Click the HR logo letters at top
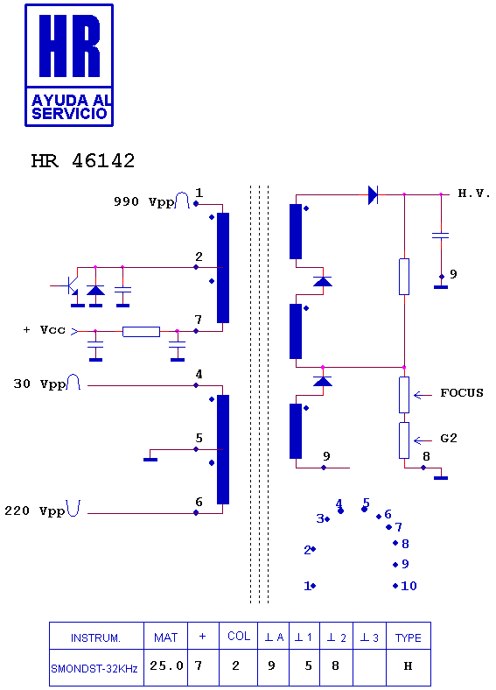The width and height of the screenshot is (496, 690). tap(69, 46)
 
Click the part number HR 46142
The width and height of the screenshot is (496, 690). tap(82, 160)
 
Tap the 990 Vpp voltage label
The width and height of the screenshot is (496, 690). tap(143, 201)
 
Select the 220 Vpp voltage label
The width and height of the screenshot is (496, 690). tap(35, 510)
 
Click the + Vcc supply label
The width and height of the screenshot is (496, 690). tap(44, 329)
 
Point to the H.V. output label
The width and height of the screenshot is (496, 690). tap(474, 194)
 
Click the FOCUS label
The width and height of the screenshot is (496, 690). tap(462, 392)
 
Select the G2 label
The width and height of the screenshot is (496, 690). tap(449, 439)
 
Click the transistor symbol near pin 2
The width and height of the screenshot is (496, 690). tap(70, 286)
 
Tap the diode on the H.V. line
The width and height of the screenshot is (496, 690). tap(373, 194)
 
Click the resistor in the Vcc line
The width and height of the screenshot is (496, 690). tap(141, 332)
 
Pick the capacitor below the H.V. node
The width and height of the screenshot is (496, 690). tap(441, 236)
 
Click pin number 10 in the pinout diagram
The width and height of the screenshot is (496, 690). tap(409, 586)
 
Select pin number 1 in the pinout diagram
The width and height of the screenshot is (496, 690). tap(307, 586)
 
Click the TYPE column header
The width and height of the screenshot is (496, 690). tap(408, 637)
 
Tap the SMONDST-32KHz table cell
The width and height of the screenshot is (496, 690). tap(94, 669)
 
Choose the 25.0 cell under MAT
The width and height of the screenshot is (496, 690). tap(166, 665)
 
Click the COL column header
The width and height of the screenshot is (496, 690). tap(239, 636)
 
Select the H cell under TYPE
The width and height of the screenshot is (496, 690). tap(408, 665)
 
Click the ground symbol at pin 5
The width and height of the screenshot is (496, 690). tap(150, 460)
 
